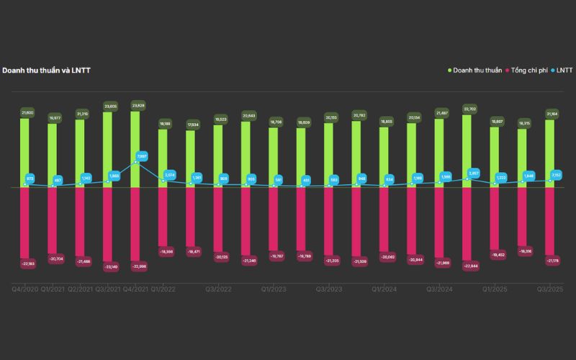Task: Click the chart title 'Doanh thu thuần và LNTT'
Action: click(x=46, y=70)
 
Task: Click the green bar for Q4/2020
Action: click(x=24, y=151)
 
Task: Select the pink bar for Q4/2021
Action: click(x=135, y=223)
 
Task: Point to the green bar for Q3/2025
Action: click(x=550, y=151)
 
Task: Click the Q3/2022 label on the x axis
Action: click(x=217, y=289)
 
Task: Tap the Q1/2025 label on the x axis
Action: click(x=494, y=289)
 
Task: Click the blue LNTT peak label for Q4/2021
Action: click(x=142, y=156)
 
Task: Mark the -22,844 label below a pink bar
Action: click(x=467, y=266)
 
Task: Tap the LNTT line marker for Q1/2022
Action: click(x=163, y=181)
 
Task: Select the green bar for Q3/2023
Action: click(x=328, y=155)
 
